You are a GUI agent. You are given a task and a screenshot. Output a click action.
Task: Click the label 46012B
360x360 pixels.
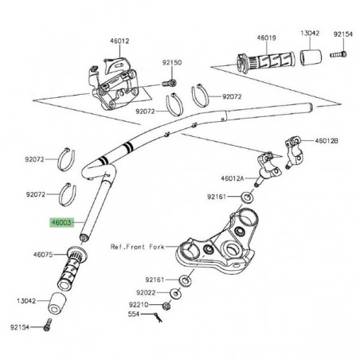pos(326,141)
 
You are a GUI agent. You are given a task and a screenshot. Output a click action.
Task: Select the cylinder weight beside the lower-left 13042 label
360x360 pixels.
pos(57,303)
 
